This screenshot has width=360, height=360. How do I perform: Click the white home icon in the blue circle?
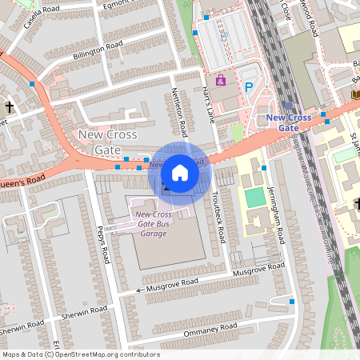[x=180, y=173]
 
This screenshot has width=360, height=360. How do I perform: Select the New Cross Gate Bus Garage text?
[x=152, y=222]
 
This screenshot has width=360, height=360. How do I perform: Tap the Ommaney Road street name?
[x=211, y=328]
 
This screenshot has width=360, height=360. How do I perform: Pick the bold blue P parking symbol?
[x=249, y=87]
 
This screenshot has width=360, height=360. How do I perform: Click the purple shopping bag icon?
[x=222, y=80]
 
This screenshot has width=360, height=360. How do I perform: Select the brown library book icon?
[x=354, y=94]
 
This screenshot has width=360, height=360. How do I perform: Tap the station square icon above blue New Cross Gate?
[x=288, y=105]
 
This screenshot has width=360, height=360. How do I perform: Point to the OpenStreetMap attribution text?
[x=80, y=354]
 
